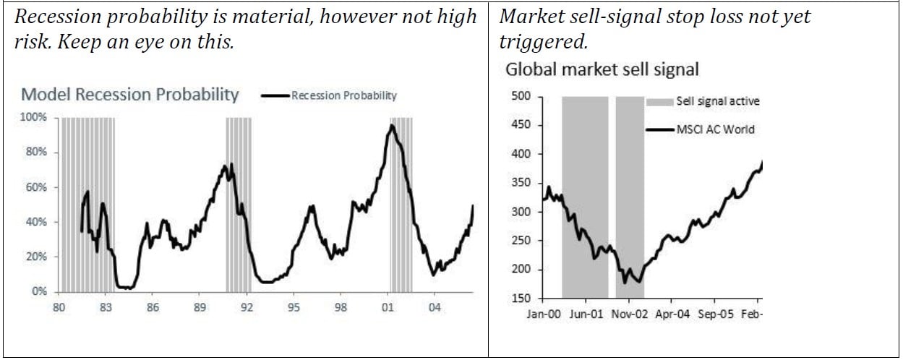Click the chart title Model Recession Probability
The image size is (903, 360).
130,95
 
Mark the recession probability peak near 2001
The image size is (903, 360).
392,126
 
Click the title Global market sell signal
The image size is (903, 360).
602,69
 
